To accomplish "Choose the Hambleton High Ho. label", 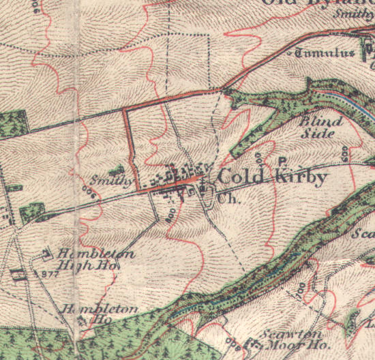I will tap(95, 259).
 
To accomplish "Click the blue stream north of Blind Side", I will tap(355, 103).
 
